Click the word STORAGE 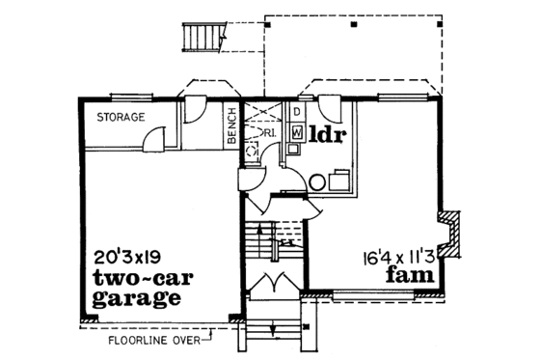[121, 118]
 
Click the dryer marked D [298, 112]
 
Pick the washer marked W [297, 130]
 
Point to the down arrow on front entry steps [275, 333]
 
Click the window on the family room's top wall [404, 97]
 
